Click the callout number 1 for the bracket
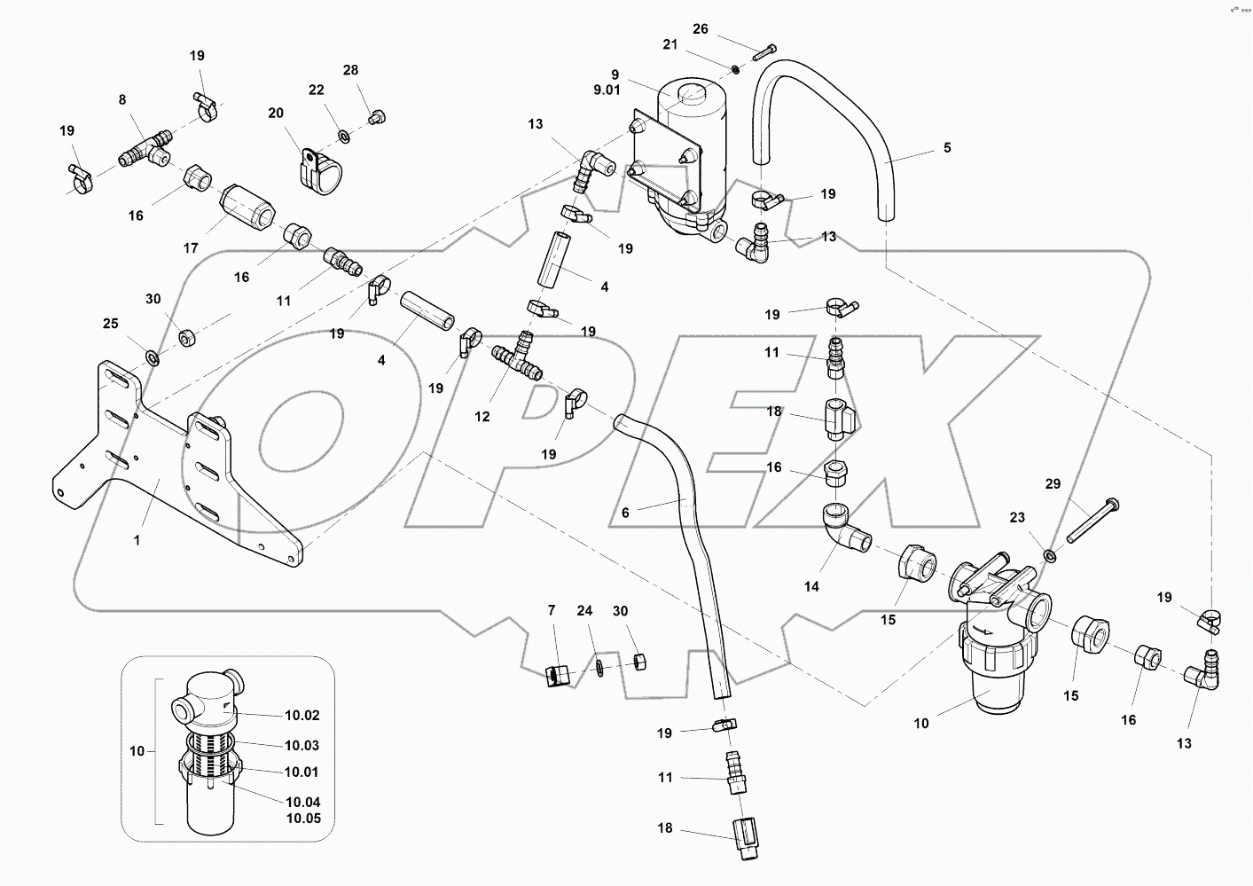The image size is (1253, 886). [x=137, y=539]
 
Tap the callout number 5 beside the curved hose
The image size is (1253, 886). [x=947, y=148]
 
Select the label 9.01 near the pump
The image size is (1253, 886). [x=615, y=90]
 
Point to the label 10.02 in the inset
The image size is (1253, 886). [x=302, y=715]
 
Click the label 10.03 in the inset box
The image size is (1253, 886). [x=302, y=746]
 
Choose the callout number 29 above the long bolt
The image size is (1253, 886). [x=1053, y=484]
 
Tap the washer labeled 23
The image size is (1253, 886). [x=1049, y=556]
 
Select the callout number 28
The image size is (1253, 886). [x=351, y=70]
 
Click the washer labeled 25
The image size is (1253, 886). [x=152, y=357]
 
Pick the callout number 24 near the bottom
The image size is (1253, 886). [x=584, y=611]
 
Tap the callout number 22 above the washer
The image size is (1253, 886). [x=317, y=90]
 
